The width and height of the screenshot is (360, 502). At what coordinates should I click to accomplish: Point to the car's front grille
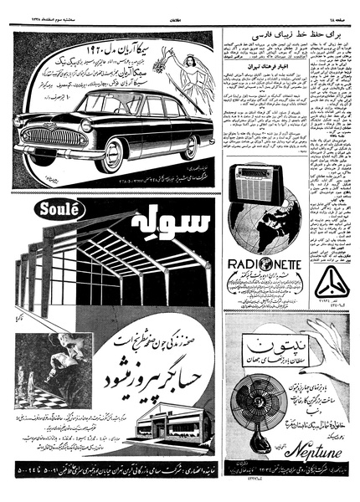click(x=53, y=136)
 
